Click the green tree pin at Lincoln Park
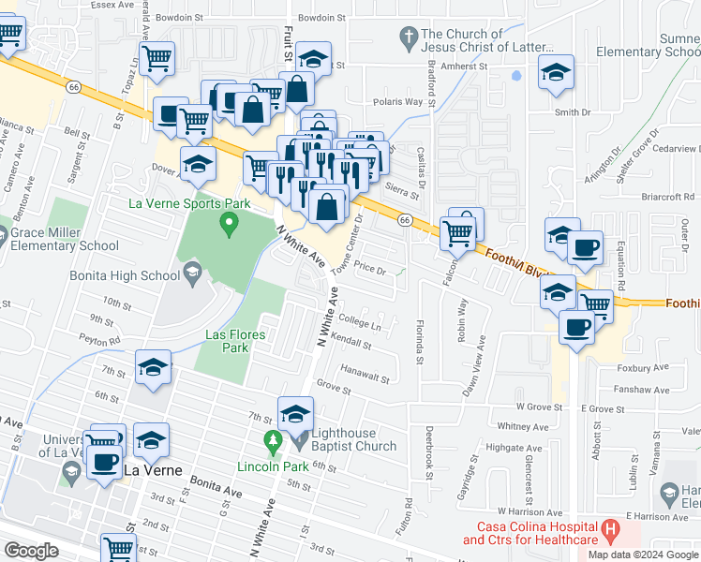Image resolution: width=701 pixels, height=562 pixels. (273, 439)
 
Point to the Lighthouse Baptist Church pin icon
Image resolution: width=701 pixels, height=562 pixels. (300, 439)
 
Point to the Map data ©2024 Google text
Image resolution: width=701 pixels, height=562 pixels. (643, 555)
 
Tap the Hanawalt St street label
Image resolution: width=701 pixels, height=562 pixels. (365, 374)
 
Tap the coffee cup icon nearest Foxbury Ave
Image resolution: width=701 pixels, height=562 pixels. (575, 328)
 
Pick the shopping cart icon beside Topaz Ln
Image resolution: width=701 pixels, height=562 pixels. (157, 58)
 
